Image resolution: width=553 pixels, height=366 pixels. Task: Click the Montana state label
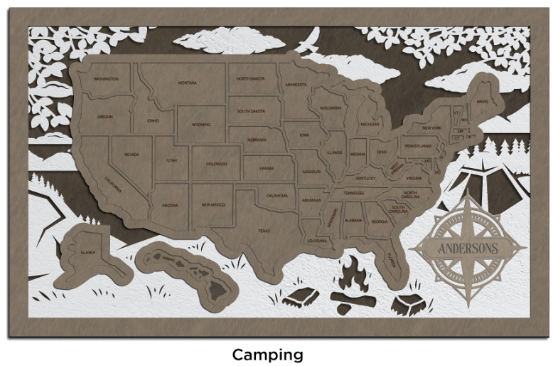click(188, 83)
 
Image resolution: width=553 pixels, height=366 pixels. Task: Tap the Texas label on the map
click(264, 230)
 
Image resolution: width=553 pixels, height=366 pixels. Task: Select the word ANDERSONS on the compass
click(468, 249)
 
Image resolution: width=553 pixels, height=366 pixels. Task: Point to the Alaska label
click(87, 252)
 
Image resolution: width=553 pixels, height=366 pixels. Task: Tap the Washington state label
click(106, 78)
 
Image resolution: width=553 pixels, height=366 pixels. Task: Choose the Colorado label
click(217, 164)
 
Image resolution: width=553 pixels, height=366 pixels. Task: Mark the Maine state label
click(483, 102)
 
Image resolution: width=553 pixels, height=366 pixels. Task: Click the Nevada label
click(131, 154)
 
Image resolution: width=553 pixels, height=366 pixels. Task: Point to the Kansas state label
click(267, 169)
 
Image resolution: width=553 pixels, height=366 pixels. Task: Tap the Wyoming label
click(201, 124)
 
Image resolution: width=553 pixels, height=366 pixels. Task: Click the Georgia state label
click(379, 221)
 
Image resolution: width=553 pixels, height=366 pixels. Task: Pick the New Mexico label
click(213, 204)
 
